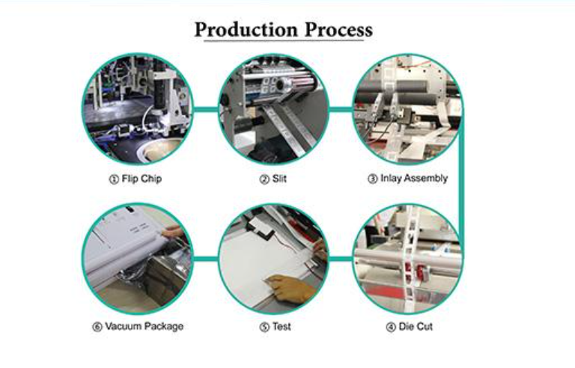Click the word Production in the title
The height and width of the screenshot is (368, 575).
(246, 29)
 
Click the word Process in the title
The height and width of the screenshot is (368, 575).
(338, 29)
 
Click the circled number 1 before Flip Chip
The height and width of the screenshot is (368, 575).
(114, 180)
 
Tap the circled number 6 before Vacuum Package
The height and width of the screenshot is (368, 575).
(97, 327)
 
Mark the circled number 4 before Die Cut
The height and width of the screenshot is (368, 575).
(391, 327)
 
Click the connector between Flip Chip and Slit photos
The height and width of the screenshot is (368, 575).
(206, 109)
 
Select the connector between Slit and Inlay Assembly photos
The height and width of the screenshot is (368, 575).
(341, 109)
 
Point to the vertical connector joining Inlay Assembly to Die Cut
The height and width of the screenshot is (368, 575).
(461, 183)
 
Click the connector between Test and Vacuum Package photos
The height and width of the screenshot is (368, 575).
(206, 259)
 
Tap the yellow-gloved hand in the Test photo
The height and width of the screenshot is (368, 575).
(291, 288)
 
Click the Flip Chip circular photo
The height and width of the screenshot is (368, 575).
(138, 109)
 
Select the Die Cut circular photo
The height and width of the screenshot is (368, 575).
(408, 259)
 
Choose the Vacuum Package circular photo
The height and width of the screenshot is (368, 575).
(138, 259)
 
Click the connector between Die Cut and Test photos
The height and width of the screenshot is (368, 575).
(341, 259)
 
